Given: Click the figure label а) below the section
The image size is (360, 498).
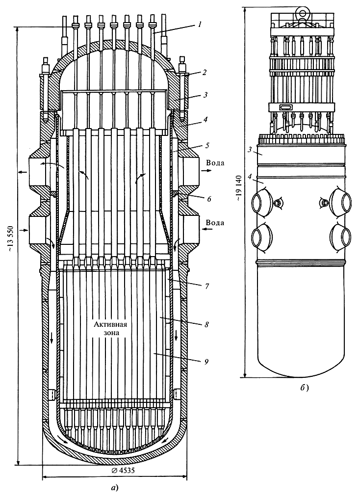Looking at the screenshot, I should (115, 488).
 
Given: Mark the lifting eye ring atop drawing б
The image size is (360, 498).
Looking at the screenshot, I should (302, 8).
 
